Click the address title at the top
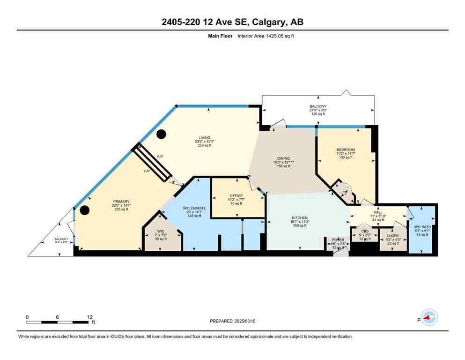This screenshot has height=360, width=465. coord(232,22)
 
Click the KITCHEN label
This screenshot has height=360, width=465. coord(300,218)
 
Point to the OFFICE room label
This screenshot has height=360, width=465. coord(236,195)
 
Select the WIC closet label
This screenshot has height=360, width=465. coord(161,231)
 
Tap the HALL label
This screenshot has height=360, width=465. coord(378,212)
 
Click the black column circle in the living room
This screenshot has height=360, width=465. coord(161,135)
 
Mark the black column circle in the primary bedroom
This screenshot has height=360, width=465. coord(84,210)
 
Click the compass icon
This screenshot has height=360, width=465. coord(428,317)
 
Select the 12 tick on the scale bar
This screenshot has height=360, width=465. coord(89,317)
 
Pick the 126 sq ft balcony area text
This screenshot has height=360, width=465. coord(318,113)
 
